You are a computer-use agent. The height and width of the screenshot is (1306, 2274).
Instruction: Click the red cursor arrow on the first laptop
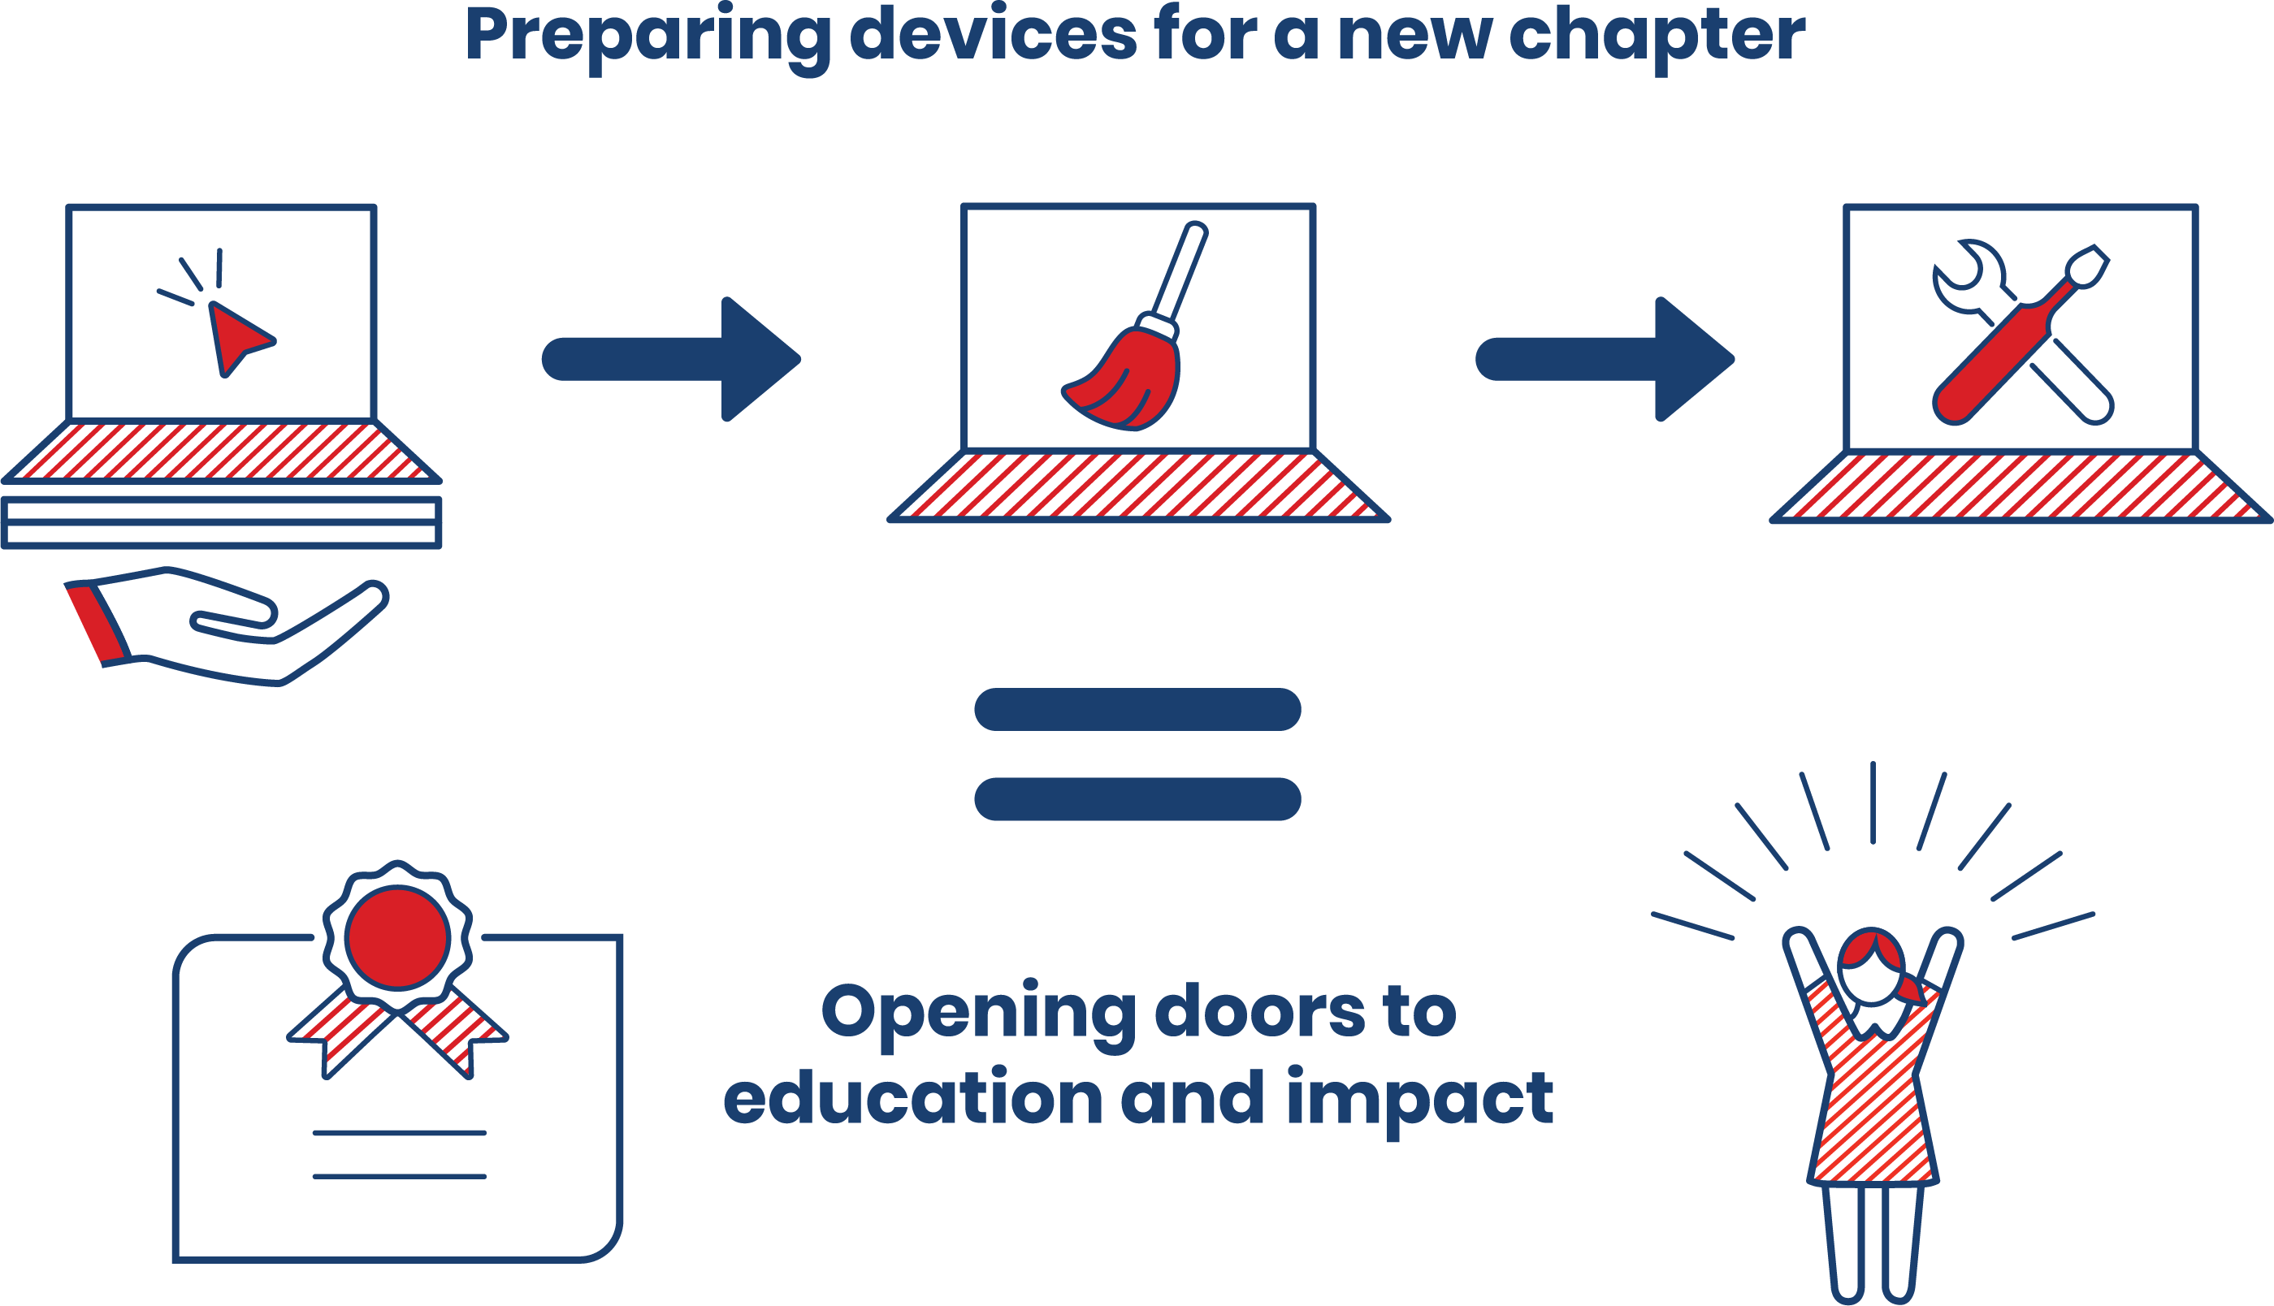[x=236, y=337]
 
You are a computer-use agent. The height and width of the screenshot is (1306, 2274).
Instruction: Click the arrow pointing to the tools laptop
[x=1605, y=359]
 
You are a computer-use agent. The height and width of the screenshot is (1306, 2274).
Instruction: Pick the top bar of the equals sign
[x=1137, y=710]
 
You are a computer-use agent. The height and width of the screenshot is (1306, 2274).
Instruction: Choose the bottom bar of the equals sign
[x=1137, y=798]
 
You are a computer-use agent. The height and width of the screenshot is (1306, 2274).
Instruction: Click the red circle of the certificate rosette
[x=397, y=938]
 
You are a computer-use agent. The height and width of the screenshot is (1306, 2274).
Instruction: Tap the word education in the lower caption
[x=912, y=1099]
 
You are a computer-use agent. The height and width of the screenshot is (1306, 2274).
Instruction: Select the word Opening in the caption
[x=979, y=1012]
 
